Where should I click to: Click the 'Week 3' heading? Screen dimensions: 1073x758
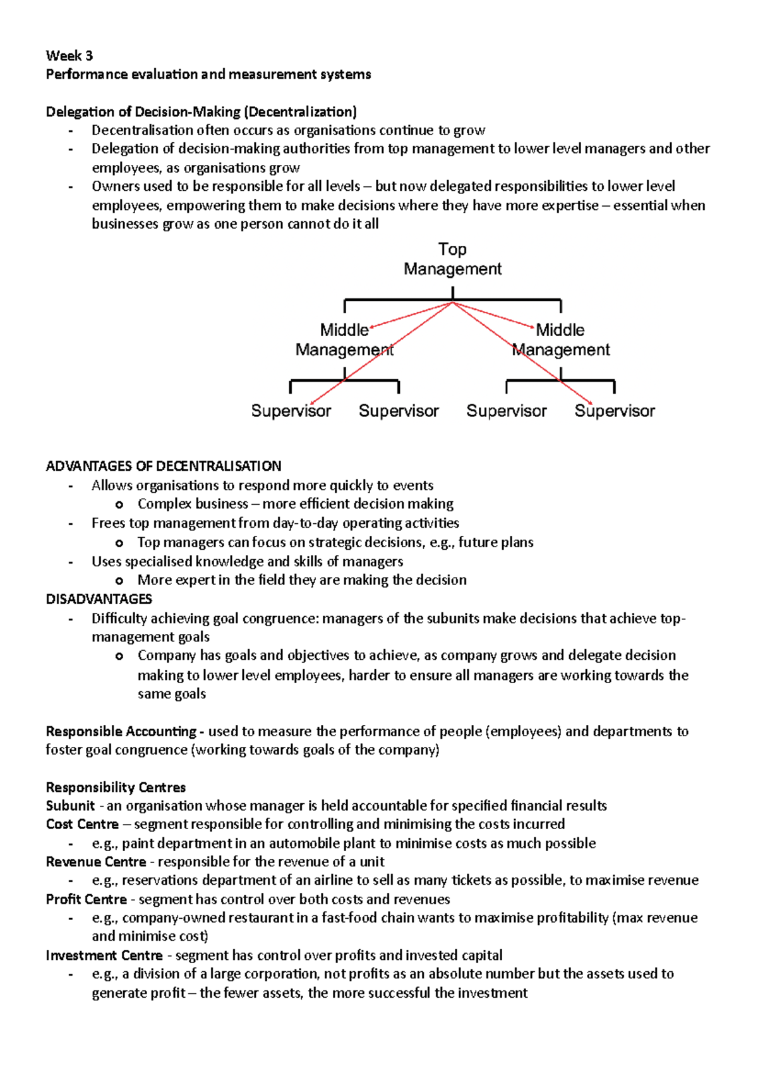point(69,56)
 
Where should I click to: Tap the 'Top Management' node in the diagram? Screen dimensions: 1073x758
point(452,259)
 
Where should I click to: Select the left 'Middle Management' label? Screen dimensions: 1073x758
point(344,339)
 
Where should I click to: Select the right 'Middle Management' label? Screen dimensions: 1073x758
point(560,339)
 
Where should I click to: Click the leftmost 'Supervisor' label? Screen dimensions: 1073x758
point(291,411)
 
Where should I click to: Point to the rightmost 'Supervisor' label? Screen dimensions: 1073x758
point(615,411)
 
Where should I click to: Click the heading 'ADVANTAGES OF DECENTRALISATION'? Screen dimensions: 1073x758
point(164,466)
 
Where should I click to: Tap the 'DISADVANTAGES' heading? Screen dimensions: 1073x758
point(99,599)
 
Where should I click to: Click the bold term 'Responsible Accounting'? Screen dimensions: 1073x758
point(121,732)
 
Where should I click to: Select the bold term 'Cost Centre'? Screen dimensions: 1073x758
point(82,825)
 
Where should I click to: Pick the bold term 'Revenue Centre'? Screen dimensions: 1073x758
point(95,862)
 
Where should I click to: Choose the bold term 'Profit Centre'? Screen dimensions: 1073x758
point(86,899)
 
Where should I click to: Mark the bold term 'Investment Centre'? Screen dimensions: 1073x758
point(104,955)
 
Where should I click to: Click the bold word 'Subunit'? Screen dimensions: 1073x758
point(70,806)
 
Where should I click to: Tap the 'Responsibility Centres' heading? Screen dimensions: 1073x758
point(116,787)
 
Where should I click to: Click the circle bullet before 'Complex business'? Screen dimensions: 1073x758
point(119,505)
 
